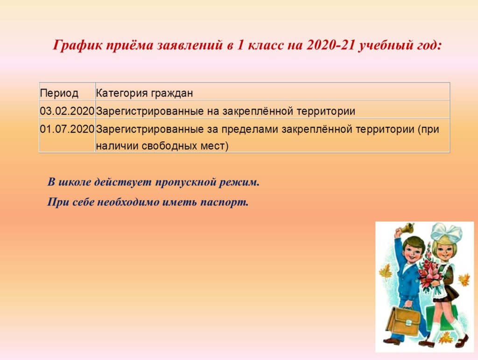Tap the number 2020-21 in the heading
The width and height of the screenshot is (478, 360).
point(330,45)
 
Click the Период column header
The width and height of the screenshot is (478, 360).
point(59,93)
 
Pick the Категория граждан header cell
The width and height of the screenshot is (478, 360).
point(144,93)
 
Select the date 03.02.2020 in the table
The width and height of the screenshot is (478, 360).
point(67,111)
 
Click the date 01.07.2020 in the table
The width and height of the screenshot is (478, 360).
point(67,129)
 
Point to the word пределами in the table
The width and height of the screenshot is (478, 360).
point(250,130)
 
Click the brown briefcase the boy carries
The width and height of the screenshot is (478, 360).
point(403,322)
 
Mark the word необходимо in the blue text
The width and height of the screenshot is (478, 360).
point(128,202)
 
